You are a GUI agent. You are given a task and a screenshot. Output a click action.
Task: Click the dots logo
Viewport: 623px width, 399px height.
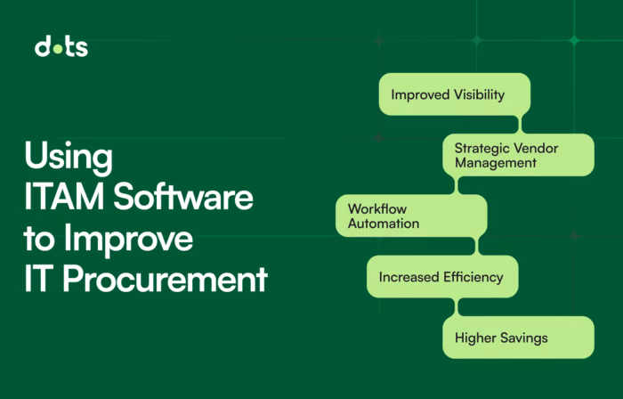coord(61,47)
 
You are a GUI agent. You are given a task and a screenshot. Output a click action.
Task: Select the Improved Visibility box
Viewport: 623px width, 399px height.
coord(454,94)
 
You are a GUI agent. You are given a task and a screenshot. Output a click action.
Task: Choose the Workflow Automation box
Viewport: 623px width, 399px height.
coord(411,216)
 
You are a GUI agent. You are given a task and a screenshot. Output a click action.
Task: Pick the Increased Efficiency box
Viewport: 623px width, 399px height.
coord(441,277)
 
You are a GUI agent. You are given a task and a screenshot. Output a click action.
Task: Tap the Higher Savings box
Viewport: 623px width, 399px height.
coord(518,338)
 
